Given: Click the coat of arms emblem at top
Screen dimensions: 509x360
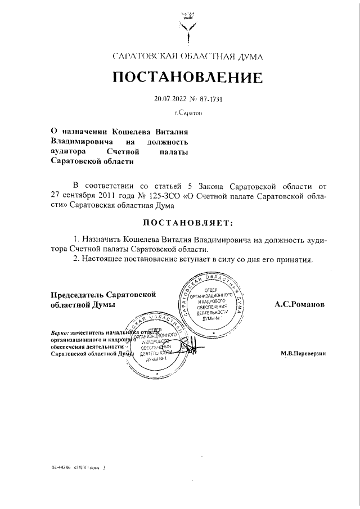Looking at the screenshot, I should [187, 25].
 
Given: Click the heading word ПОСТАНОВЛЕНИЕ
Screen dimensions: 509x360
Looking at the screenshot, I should [187, 78].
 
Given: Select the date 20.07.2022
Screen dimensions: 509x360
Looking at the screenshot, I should [170, 100].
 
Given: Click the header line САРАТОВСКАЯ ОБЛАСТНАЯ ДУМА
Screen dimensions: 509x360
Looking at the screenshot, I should [187, 56].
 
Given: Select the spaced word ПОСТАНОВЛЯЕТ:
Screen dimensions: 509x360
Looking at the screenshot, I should [187, 223].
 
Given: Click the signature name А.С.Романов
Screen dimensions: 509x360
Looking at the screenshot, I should [299, 304].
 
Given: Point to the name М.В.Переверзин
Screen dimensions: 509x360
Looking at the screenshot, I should [303, 354].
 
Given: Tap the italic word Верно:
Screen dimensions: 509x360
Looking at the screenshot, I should [60, 332].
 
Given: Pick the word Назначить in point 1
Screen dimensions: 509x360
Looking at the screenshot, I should [103, 239].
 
